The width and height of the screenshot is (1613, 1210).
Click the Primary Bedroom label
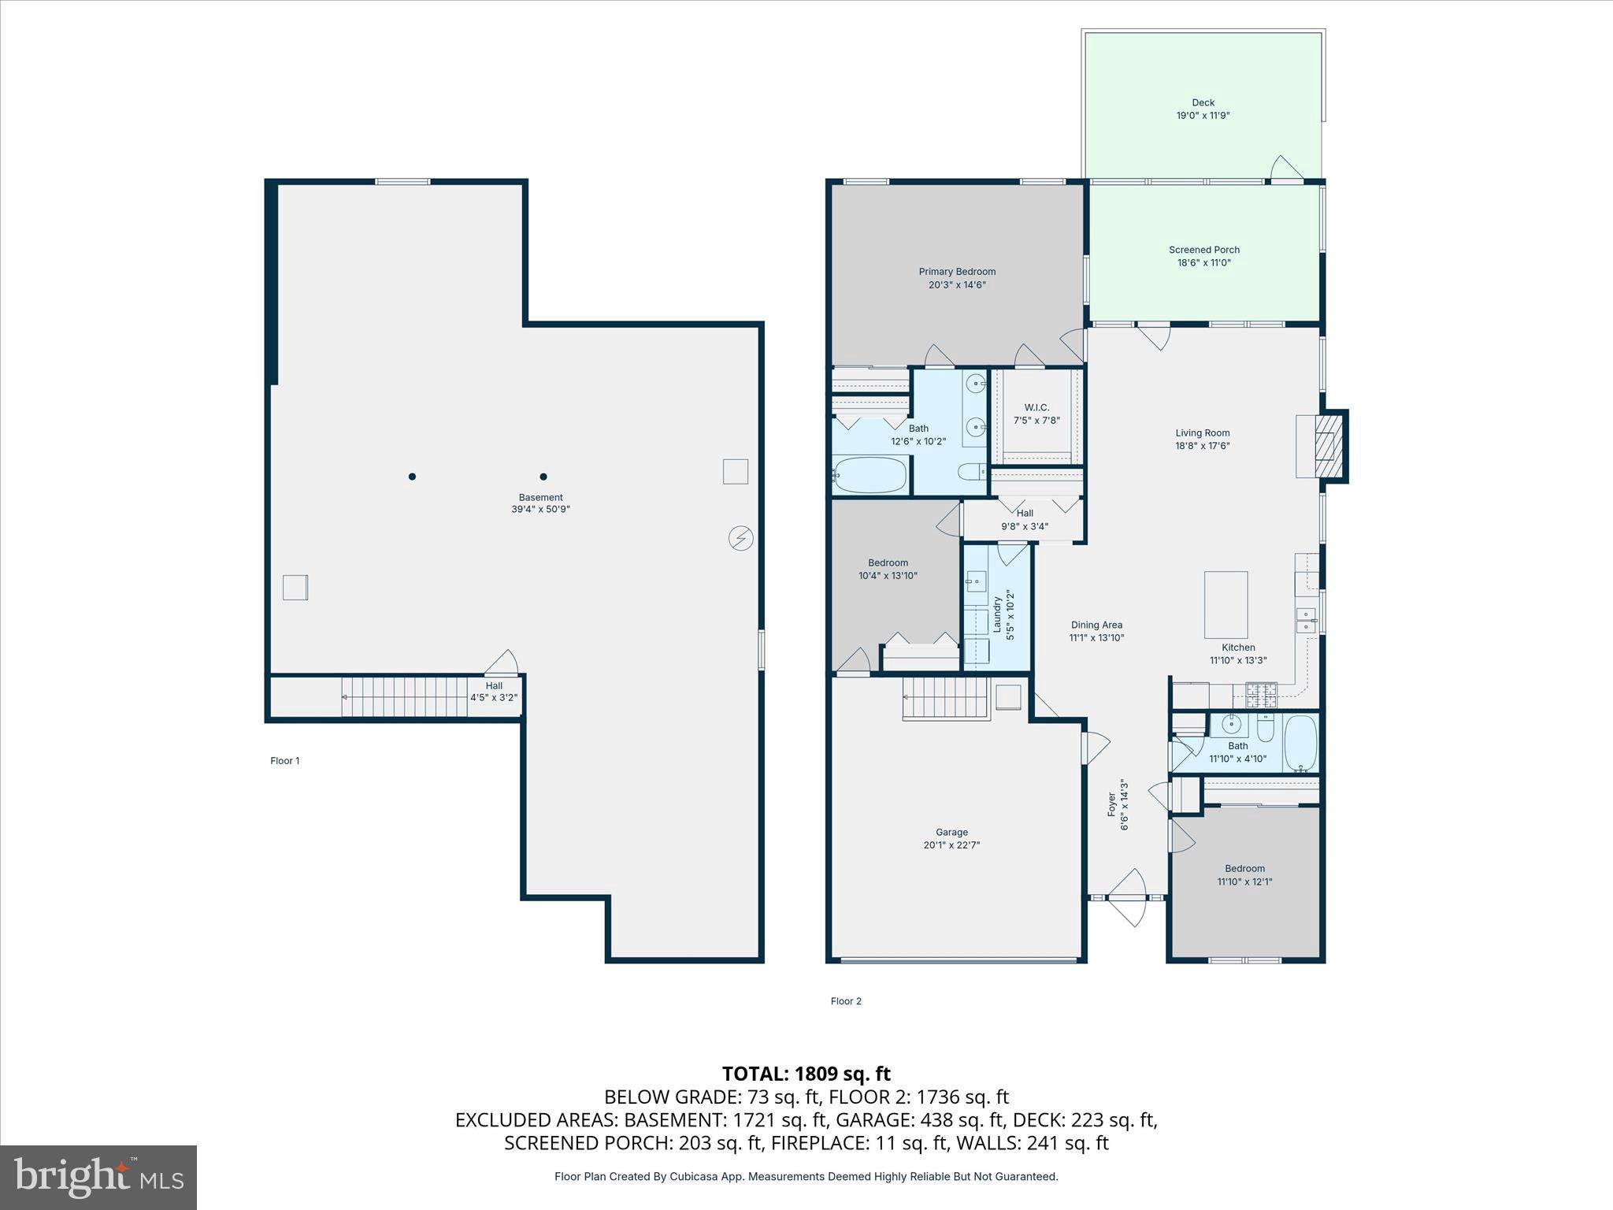(957, 272)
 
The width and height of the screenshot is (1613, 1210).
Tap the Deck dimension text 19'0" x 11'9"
(1203, 116)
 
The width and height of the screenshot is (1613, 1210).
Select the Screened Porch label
(1203, 250)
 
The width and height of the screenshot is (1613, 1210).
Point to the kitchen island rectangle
(1226, 604)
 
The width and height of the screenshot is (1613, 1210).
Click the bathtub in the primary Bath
(870, 475)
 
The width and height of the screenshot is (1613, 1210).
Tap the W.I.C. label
(1036, 407)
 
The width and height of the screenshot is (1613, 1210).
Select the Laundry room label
(997, 614)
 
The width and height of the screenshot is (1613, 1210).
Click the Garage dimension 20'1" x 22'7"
(951, 845)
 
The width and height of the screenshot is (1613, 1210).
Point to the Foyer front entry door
(1127, 898)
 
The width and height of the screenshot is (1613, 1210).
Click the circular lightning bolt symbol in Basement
(740, 539)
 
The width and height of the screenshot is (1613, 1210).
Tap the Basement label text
(540, 497)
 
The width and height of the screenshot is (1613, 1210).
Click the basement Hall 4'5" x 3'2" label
(494, 692)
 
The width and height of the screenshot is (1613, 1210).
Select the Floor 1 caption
(285, 761)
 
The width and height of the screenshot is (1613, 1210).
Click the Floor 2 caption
(846, 1001)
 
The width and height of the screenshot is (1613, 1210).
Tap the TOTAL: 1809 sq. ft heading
(806, 1074)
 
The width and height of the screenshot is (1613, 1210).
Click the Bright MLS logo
(98, 1177)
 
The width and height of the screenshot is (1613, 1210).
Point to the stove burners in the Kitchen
(1260, 694)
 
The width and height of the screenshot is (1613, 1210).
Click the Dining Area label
(1096, 625)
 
